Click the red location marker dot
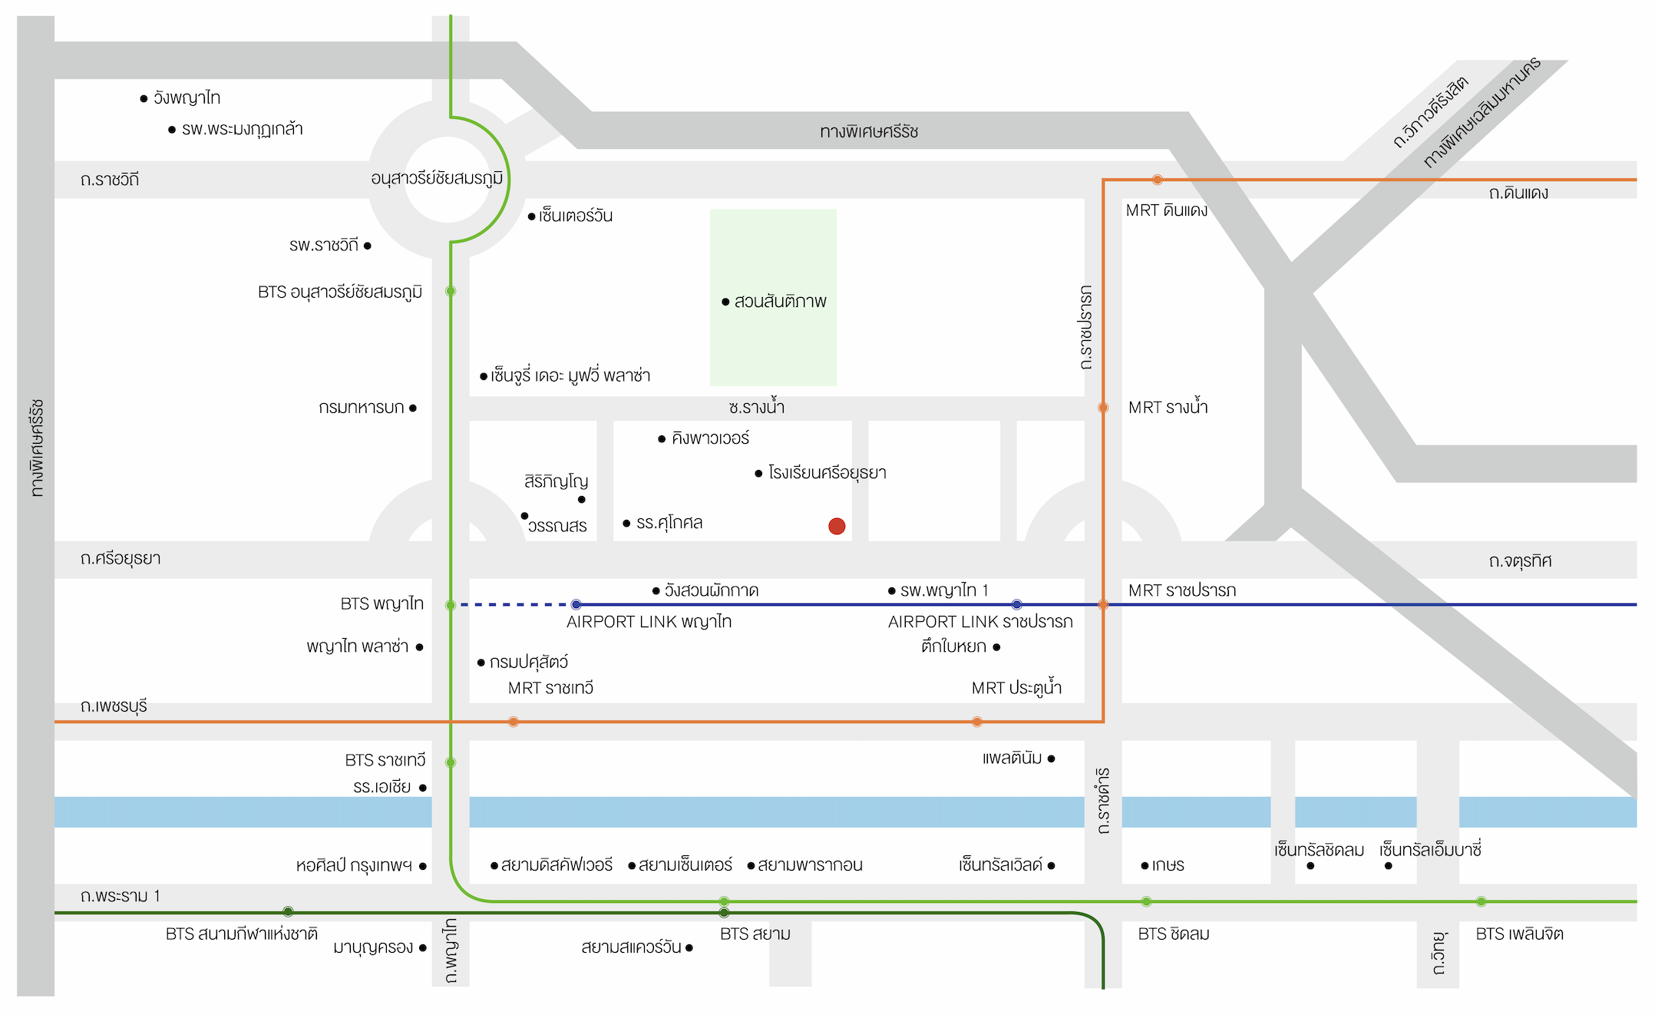837,526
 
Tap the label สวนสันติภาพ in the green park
780,302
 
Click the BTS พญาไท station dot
451,605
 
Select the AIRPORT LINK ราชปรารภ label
980,622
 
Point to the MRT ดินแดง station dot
1157,180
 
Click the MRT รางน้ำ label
1168,407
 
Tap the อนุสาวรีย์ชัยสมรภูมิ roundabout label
437,179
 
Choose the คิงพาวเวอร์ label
710,438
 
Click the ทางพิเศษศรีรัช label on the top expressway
869,131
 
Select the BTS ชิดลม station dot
1146,901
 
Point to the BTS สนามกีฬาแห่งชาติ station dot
288,911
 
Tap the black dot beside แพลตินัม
1051,759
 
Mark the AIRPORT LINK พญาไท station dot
576,605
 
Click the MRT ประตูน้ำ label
1016,687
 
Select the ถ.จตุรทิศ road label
1520,560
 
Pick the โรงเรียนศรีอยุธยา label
827,473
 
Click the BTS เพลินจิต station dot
1481,901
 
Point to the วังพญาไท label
187,98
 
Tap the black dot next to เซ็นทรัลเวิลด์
1051,865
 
